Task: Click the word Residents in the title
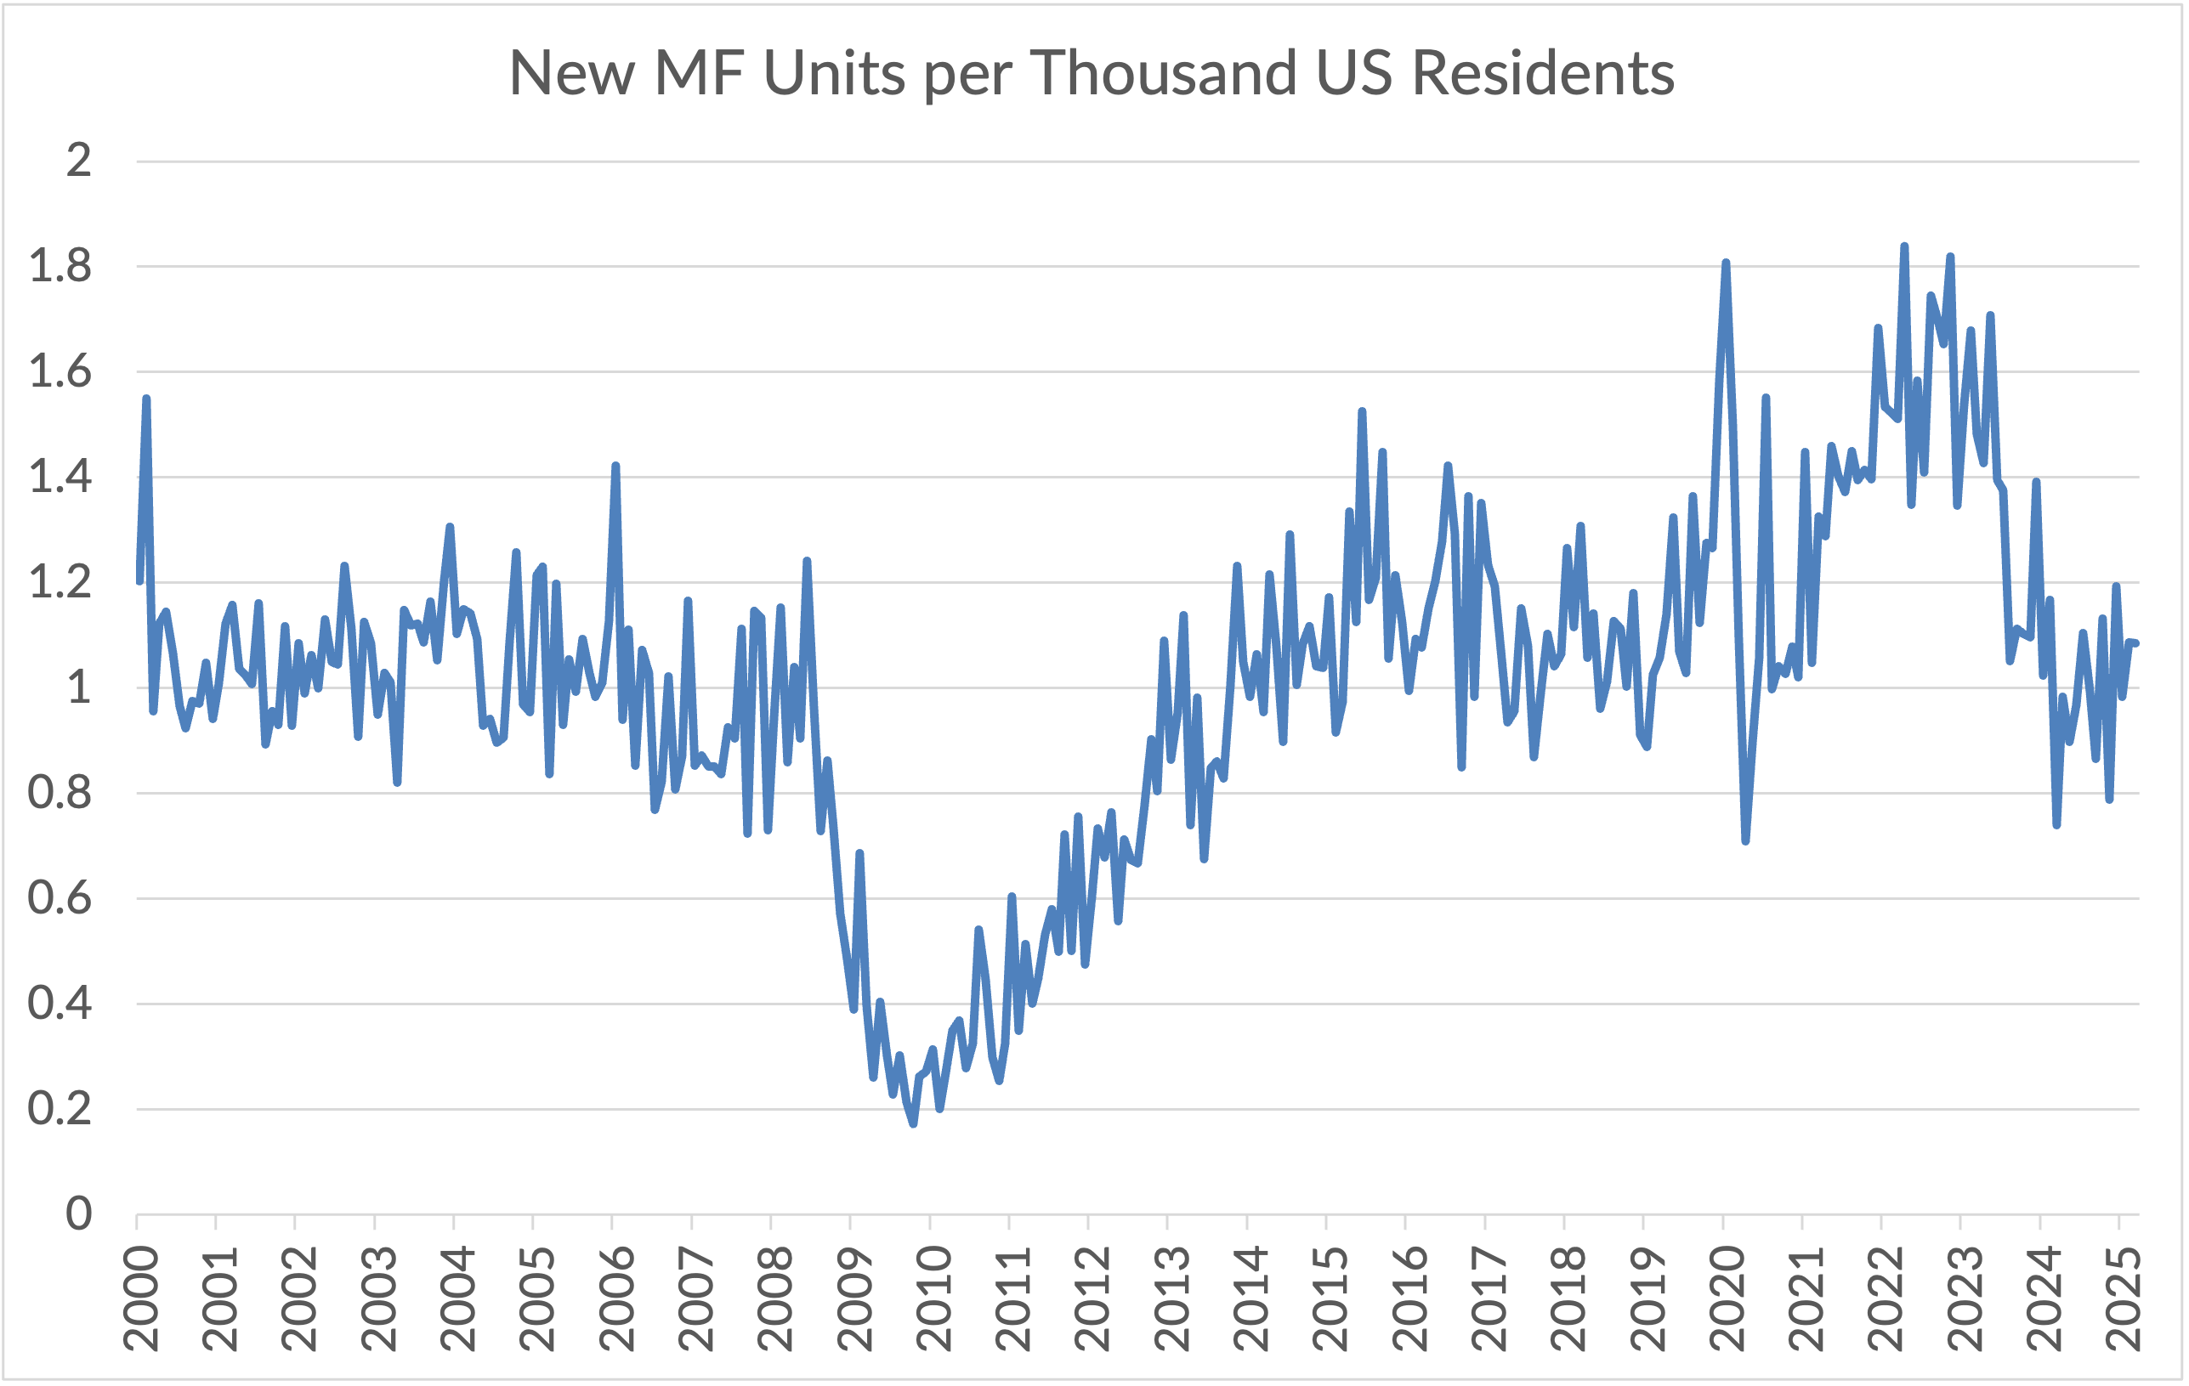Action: [x=1543, y=73]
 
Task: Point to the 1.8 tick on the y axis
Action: [x=60, y=267]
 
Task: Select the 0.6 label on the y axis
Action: [x=60, y=899]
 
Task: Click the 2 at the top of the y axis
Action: [x=79, y=161]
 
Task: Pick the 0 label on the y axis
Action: [x=79, y=1214]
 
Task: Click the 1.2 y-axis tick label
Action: [x=60, y=583]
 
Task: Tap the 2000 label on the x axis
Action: [x=141, y=1299]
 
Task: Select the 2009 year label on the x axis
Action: [x=854, y=1299]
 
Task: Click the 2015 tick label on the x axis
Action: [x=1330, y=1299]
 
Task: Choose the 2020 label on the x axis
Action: [x=1727, y=1299]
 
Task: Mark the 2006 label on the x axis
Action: [x=616, y=1299]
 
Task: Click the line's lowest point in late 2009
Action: [x=914, y=1124]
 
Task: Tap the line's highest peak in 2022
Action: [x=1904, y=246]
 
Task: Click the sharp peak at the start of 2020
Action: [x=1726, y=263]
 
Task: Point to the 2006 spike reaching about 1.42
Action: [x=615, y=466]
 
